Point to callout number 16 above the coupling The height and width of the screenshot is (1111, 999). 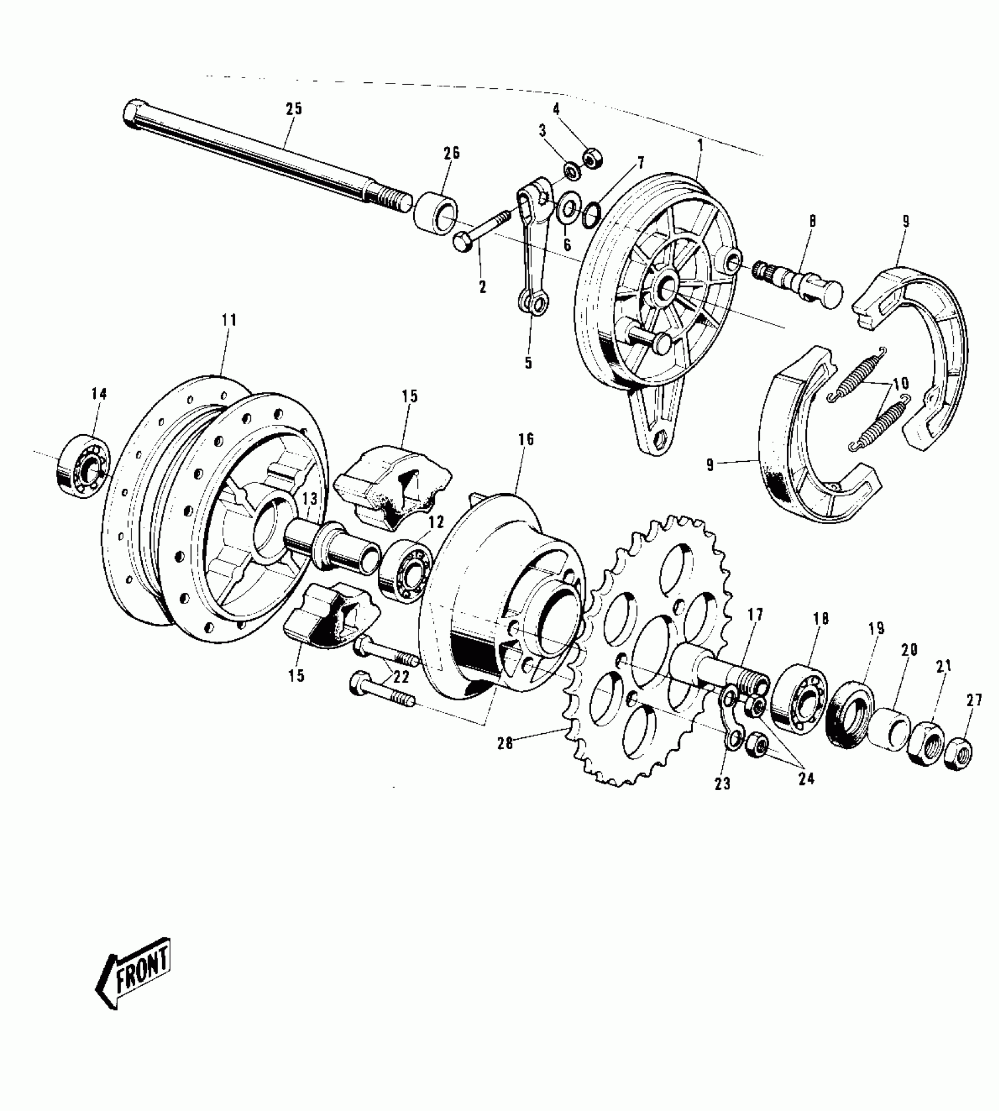[526, 439]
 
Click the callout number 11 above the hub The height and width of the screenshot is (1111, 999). [229, 320]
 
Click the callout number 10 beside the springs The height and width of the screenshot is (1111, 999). [900, 384]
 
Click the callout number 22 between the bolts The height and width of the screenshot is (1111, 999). [401, 676]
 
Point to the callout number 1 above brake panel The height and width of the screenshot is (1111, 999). [700, 146]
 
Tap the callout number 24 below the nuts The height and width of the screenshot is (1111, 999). [806, 779]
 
